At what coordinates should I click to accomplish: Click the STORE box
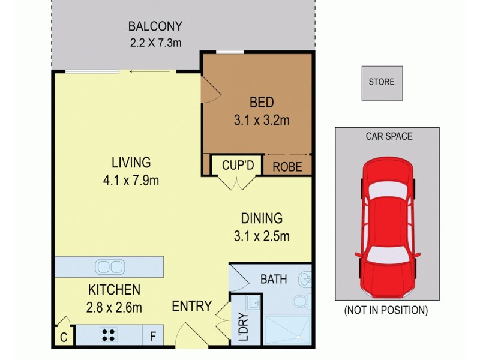[382, 82]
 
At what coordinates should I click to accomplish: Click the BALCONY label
[155, 26]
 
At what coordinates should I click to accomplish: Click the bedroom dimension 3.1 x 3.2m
[261, 120]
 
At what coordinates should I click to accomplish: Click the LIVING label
[130, 162]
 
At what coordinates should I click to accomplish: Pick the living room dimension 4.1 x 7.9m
[130, 180]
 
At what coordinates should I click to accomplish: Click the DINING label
[262, 218]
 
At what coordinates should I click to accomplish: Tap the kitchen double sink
[109, 266]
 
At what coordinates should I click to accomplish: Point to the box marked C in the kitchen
[63, 337]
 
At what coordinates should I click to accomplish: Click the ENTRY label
[191, 307]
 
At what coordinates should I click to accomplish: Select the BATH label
[273, 279]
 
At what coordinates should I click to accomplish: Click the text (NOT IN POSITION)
[385, 310]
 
